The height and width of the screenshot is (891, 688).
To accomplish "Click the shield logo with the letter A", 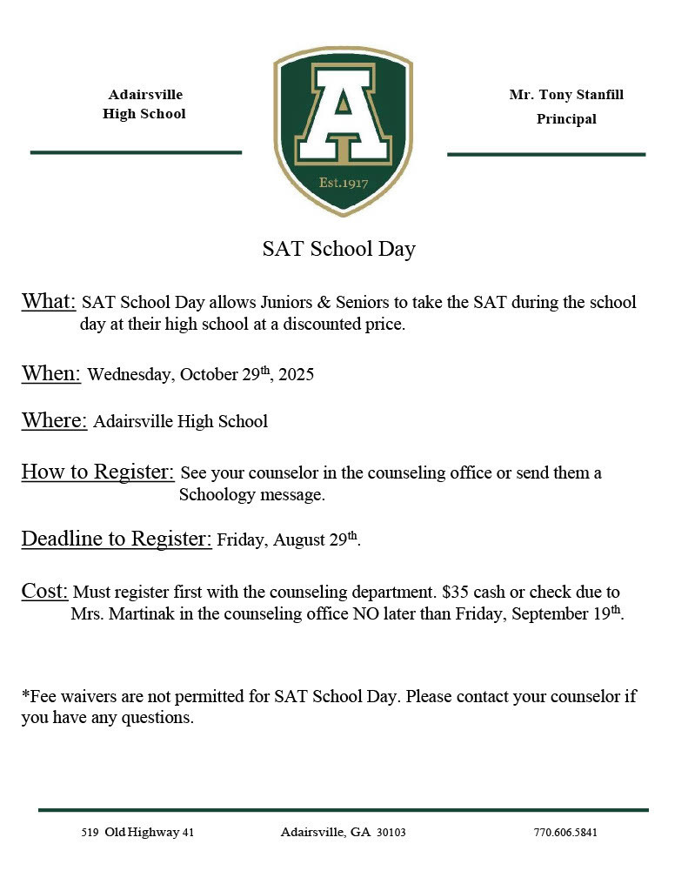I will coord(343,131).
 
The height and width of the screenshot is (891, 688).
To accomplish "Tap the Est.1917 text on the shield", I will coord(343,183).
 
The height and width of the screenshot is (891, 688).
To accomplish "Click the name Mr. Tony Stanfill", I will coord(566,95).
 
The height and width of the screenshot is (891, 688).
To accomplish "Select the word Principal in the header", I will coord(566,119).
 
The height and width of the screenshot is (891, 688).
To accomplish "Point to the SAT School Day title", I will coord(339,249).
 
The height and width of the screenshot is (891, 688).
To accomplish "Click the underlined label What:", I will coord(49,302).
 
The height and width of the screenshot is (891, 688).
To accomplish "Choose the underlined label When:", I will coord(51,373).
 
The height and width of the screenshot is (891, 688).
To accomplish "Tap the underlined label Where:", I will coord(54,421).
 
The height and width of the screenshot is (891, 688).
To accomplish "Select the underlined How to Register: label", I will coord(97,472).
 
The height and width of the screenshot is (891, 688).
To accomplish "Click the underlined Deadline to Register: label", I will coord(117,539).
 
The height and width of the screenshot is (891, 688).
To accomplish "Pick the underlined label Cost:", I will coord(44,592).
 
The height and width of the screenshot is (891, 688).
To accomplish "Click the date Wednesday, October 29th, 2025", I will coord(200,375).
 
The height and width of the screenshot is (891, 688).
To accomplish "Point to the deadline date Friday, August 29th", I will coord(288,540).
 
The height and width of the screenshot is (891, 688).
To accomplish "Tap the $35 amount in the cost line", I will coord(455,593).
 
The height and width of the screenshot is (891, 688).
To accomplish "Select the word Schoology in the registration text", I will coord(217,495).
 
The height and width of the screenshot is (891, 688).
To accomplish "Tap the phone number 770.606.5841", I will coord(565,833).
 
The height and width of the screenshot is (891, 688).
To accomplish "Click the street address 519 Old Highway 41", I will coord(137,833).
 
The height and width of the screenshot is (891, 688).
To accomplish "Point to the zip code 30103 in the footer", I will coord(391,833).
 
